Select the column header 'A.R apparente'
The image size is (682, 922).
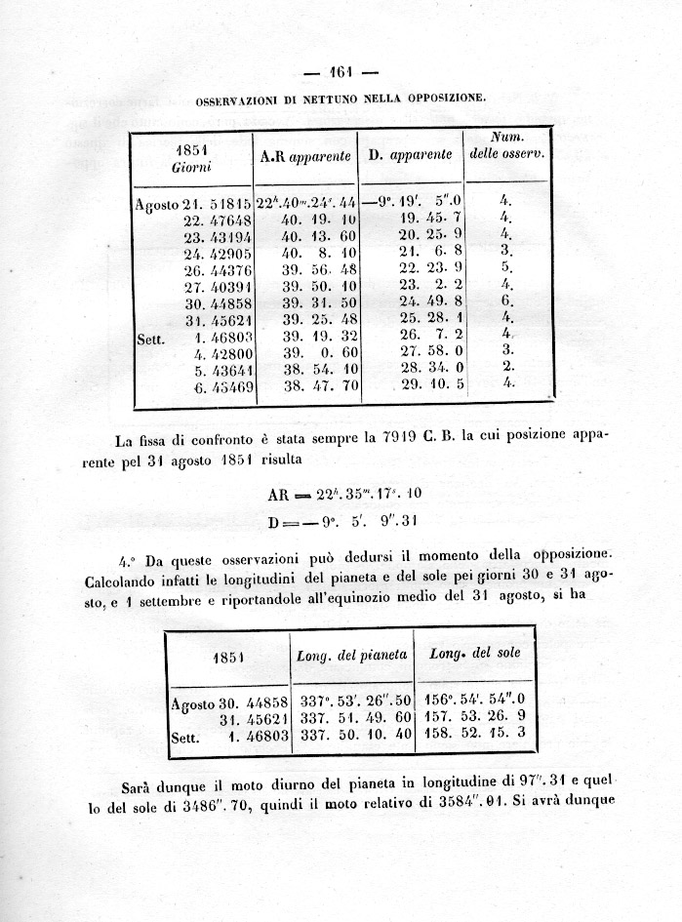(305, 155)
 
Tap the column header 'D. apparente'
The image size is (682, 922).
(410, 155)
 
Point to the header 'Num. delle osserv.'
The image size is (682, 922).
(506, 146)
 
